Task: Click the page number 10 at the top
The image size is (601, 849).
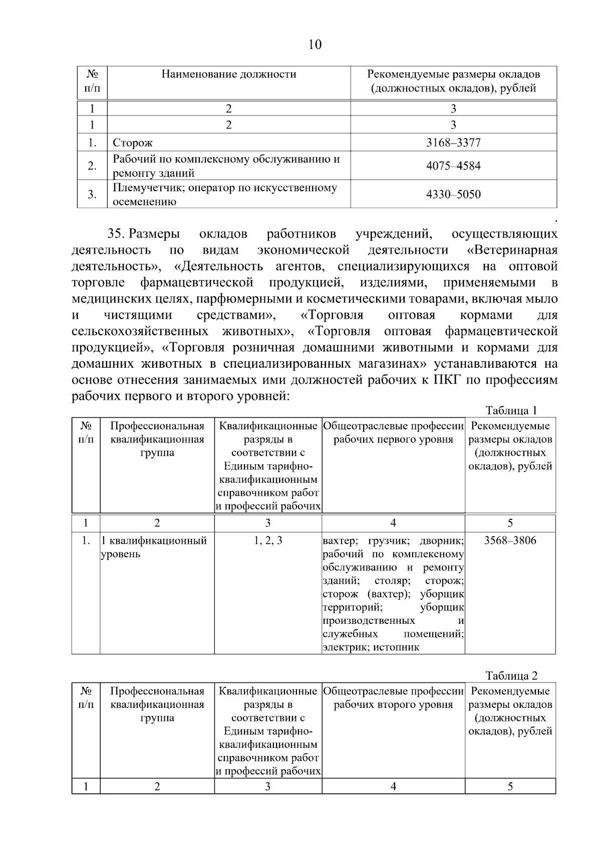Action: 315,45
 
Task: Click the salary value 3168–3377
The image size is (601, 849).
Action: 453,143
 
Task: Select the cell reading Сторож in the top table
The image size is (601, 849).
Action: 133,143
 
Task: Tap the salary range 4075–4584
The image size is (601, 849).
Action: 453,166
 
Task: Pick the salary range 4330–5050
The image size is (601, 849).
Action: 453,194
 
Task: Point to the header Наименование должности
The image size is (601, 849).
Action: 229,75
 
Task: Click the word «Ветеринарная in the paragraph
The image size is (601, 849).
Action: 512,250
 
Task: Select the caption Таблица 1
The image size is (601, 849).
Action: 511,410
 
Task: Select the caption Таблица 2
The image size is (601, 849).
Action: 511,675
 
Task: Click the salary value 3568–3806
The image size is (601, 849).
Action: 510,540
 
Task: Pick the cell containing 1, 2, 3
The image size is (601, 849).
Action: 267,540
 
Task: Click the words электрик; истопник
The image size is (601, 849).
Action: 371,647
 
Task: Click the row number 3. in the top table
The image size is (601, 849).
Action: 92,194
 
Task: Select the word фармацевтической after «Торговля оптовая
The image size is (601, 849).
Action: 501,331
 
